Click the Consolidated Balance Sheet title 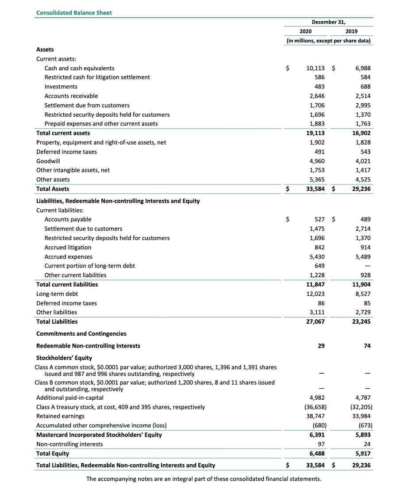click(74, 13)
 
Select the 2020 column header click(305, 31)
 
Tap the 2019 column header click(352, 31)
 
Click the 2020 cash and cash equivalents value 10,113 click(315, 68)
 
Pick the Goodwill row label click(48, 161)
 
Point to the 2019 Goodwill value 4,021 click(362, 161)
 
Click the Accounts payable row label click(68, 219)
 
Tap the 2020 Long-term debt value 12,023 click(315, 294)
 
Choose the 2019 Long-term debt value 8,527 click(362, 294)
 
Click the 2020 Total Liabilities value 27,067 click(315, 321)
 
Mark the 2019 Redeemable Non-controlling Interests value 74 click(367, 346)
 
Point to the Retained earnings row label click(60, 416)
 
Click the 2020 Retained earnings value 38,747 click(315, 416)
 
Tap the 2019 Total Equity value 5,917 click(362, 453)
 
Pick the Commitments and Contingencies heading click(81, 334)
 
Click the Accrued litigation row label click(68, 247)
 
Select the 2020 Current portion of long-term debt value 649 click(319, 266)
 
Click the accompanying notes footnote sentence click(204, 479)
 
